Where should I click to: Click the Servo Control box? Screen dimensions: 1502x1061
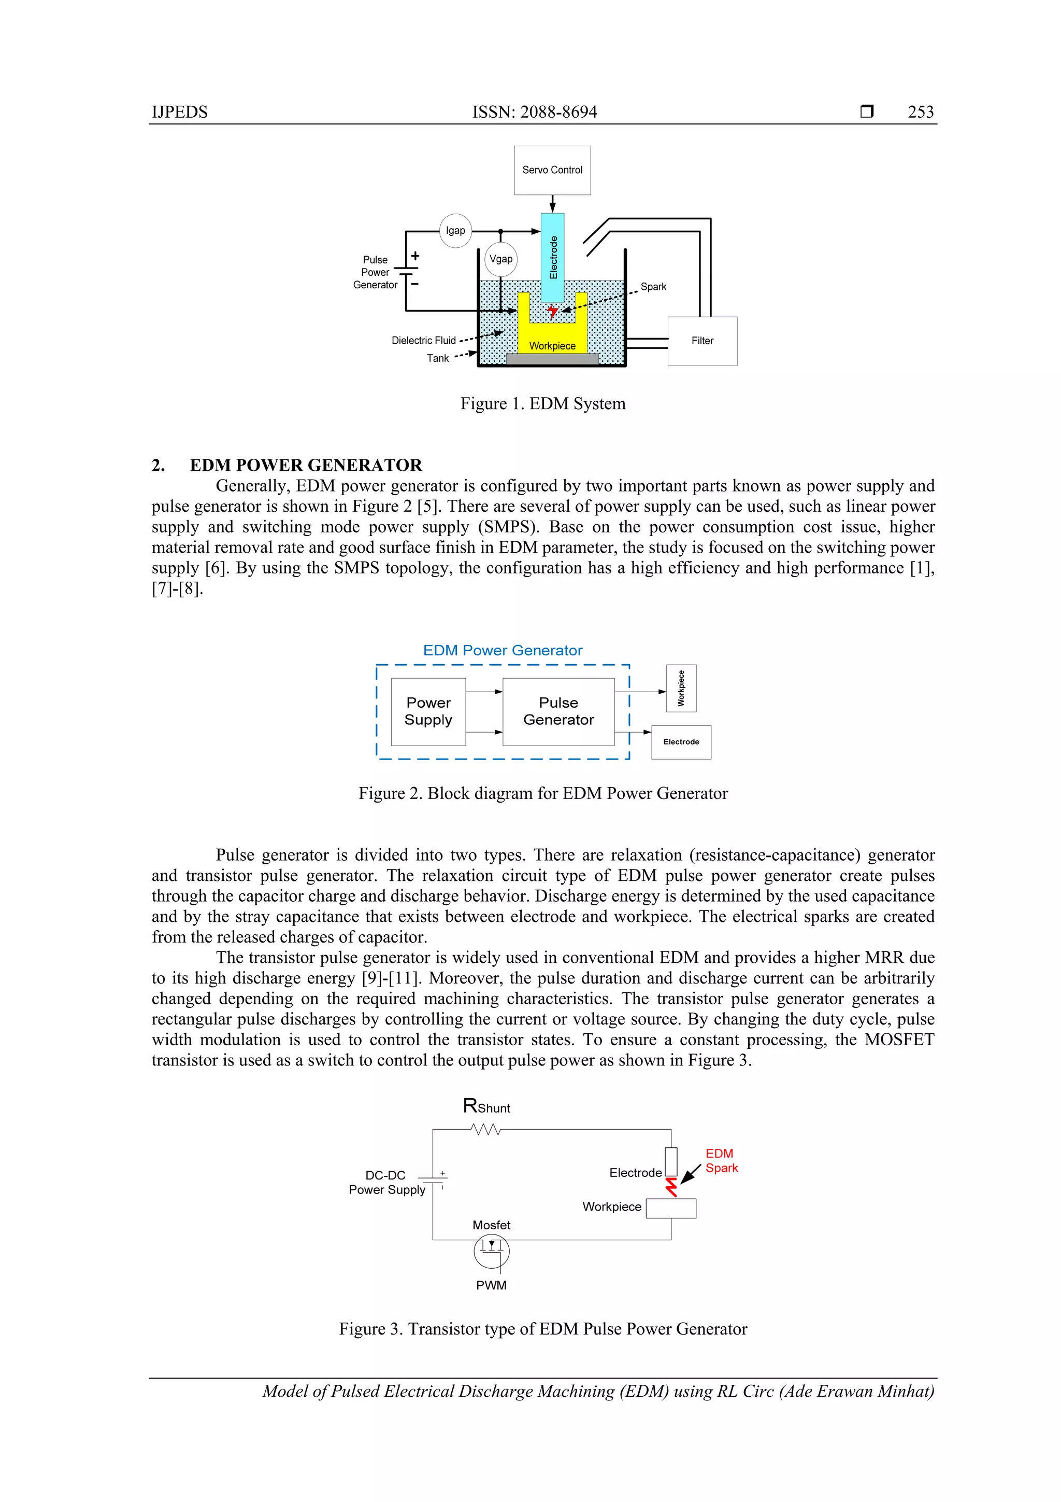[552, 170]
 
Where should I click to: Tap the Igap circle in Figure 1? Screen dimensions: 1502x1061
[456, 230]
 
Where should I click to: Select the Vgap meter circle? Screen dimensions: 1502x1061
[501, 259]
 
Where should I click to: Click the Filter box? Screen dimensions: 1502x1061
[702, 341]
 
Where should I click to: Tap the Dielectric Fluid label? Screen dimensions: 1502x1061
[424, 340]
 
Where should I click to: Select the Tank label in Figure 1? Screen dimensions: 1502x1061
[438, 358]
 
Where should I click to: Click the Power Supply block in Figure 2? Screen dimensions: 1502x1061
[428, 711]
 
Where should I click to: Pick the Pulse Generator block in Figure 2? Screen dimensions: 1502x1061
[558, 711]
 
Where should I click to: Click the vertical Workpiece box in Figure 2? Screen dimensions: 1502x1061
[681, 688]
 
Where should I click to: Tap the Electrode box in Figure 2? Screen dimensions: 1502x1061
[681, 742]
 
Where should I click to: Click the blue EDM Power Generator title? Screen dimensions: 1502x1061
[502, 650]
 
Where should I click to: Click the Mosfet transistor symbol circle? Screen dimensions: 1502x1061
[492, 1252]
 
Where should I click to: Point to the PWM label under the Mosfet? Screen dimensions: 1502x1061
[492, 1285]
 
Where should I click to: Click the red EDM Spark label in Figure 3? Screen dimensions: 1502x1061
[721, 1160]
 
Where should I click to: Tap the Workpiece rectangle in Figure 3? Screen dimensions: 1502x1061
[671, 1208]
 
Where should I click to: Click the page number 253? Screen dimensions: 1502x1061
[921, 112]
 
